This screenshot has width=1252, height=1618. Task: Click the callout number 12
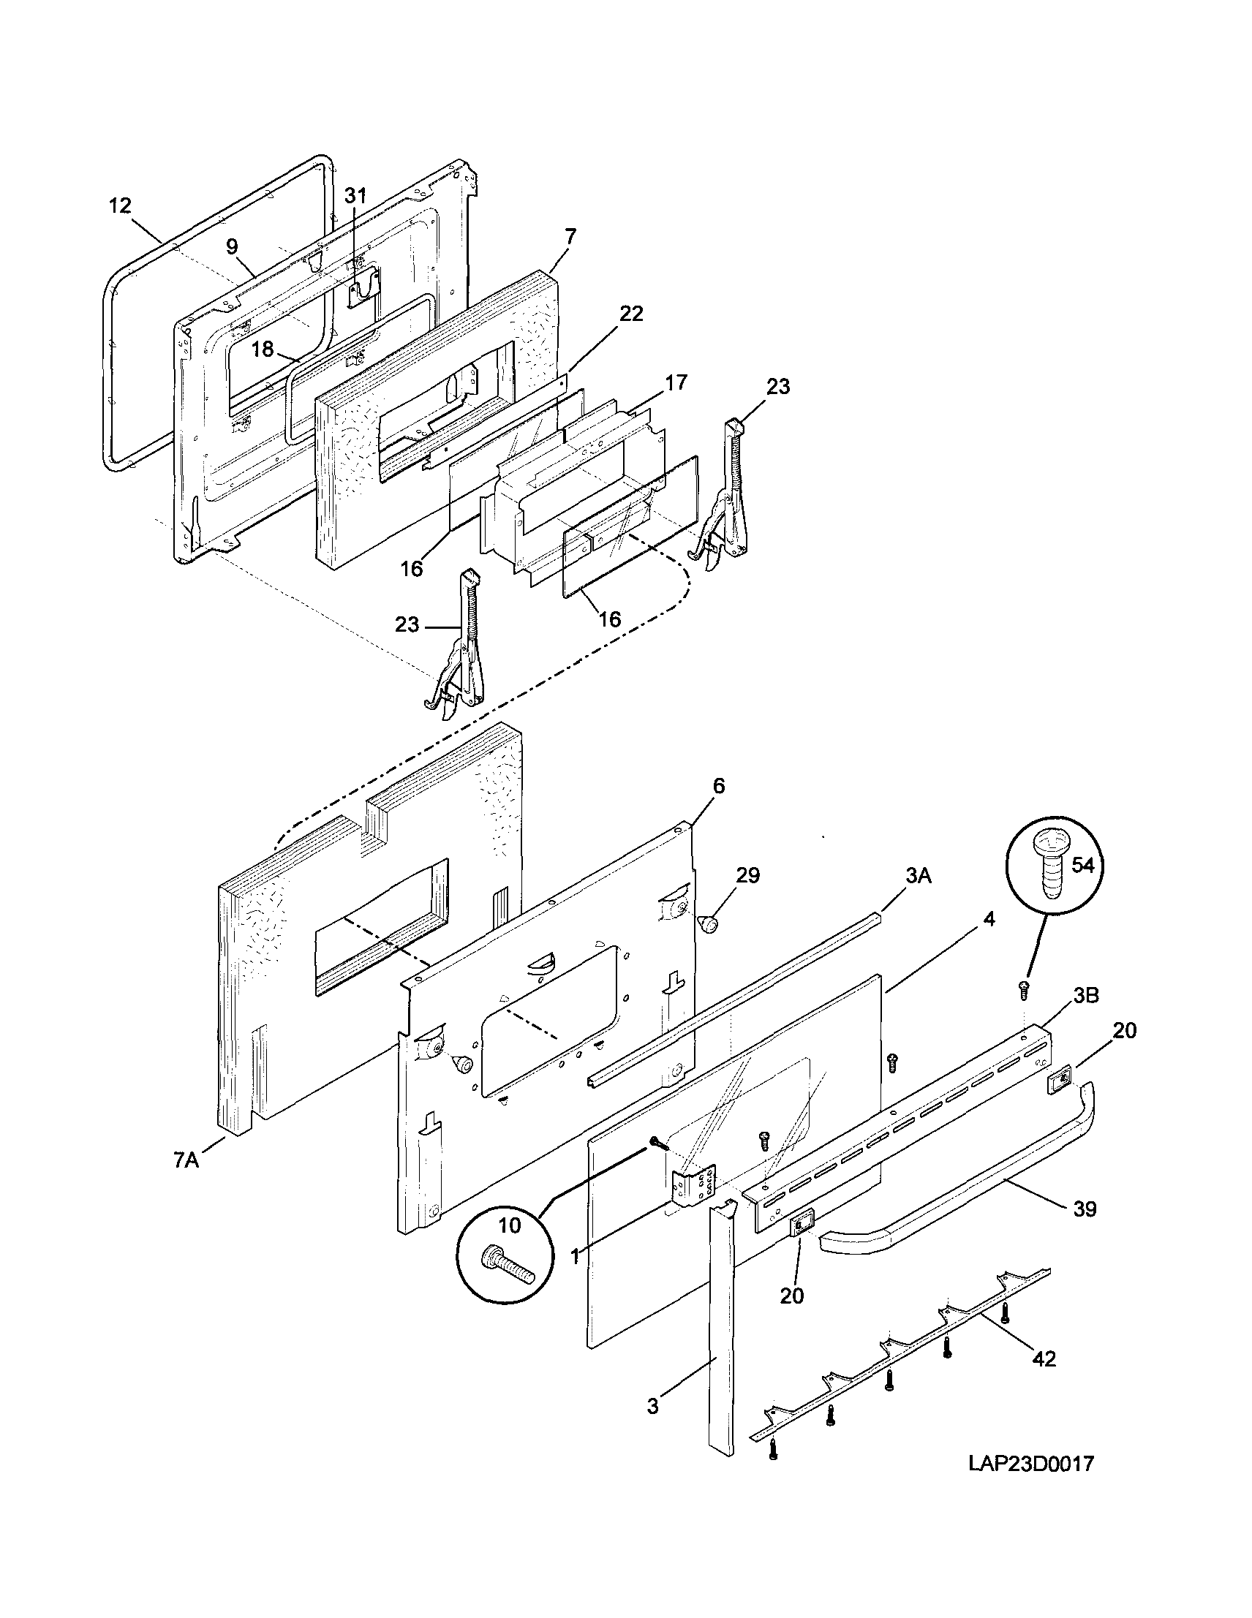click(x=120, y=205)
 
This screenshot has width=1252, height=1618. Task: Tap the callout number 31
click(x=355, y=196)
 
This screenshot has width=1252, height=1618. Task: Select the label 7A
click(x=186, y=1160)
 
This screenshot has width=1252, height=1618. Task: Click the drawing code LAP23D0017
click(x=1030, y=1464)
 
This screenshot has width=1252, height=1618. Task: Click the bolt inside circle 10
click(x=509, y=1274)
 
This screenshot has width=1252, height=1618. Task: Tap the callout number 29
click(x=747, y=875)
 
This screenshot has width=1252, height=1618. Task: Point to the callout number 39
click(x=1085, y=1209)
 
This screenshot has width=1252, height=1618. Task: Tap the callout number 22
click(x=631, y=314)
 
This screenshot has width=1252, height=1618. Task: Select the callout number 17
click(x=676, y=382)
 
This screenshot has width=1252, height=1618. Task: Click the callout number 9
click(x=232, y=246)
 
